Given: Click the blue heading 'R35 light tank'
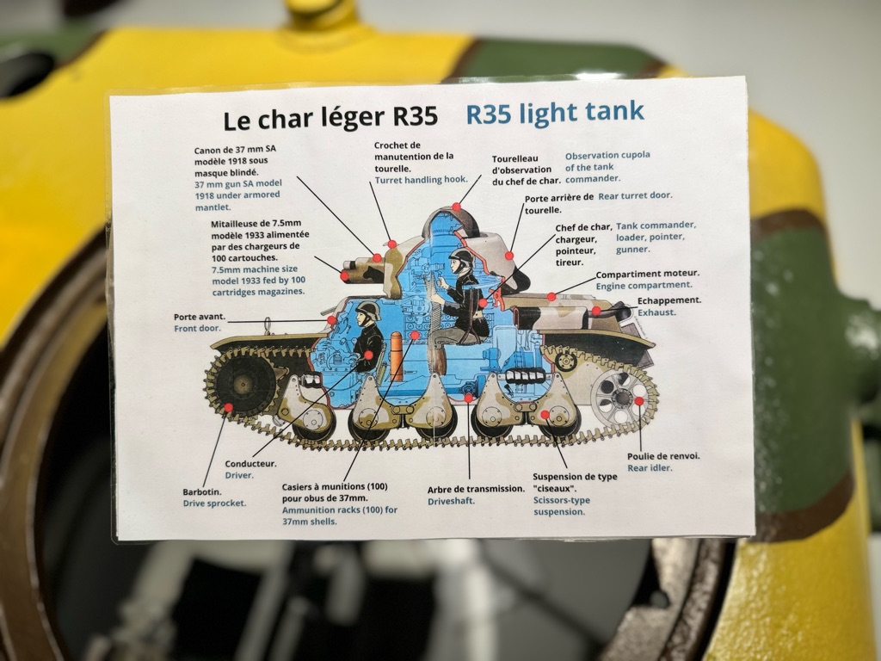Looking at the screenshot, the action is [x=555, y=113].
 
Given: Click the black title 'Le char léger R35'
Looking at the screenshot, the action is [x=330, y=118].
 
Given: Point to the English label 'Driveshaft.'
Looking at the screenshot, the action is [x=451, y=502].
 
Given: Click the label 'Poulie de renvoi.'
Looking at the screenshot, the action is [x=663, y=456].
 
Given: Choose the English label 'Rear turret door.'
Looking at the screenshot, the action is [x=636, y=195].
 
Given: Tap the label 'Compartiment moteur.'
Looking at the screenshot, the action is [x=648, y=275].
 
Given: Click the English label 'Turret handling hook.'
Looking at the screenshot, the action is [x=422, y=180].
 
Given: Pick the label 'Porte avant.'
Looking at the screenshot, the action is [x=200, y=317].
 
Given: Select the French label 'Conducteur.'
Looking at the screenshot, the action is [x=250, y=464].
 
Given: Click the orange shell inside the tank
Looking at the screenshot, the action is [x=396, y=356].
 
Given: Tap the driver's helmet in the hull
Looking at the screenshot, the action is [x=368, y=311].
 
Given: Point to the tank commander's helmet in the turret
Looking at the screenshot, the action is [x=462, y=258].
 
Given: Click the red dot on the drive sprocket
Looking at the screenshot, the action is [x=228, y=407].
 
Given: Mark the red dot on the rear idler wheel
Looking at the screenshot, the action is [x=639, y=401].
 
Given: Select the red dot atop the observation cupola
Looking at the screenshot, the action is [x=456, y=207].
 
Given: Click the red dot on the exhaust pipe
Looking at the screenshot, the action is [x=596, y=311].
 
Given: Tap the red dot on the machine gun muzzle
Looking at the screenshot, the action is [x=344, y=276].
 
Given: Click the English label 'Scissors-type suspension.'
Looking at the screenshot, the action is [x=562, y=506].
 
